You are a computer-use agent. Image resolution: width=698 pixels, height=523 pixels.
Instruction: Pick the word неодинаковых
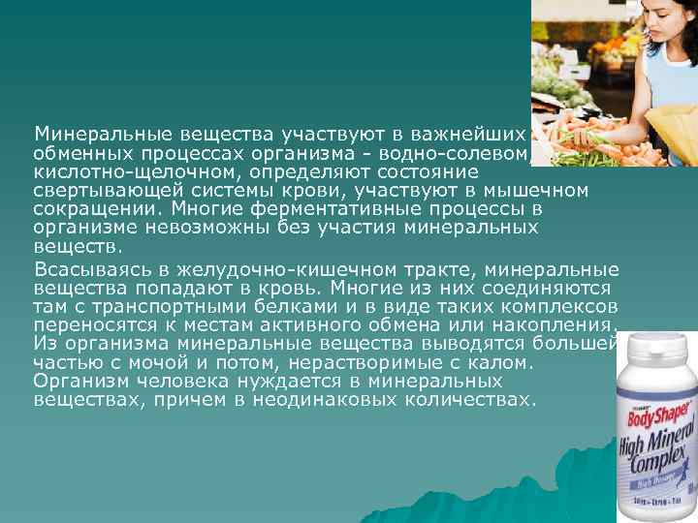click(329, 398)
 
